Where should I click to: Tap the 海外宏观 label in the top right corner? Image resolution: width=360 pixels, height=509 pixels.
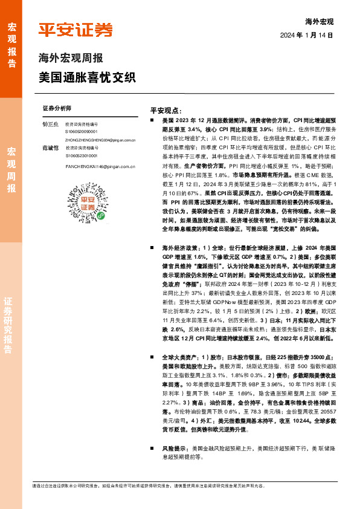(x=320, y=21)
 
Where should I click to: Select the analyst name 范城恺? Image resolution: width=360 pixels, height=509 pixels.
(x=50, y=148)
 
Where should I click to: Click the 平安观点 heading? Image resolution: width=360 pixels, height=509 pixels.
(x=166, y=111)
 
